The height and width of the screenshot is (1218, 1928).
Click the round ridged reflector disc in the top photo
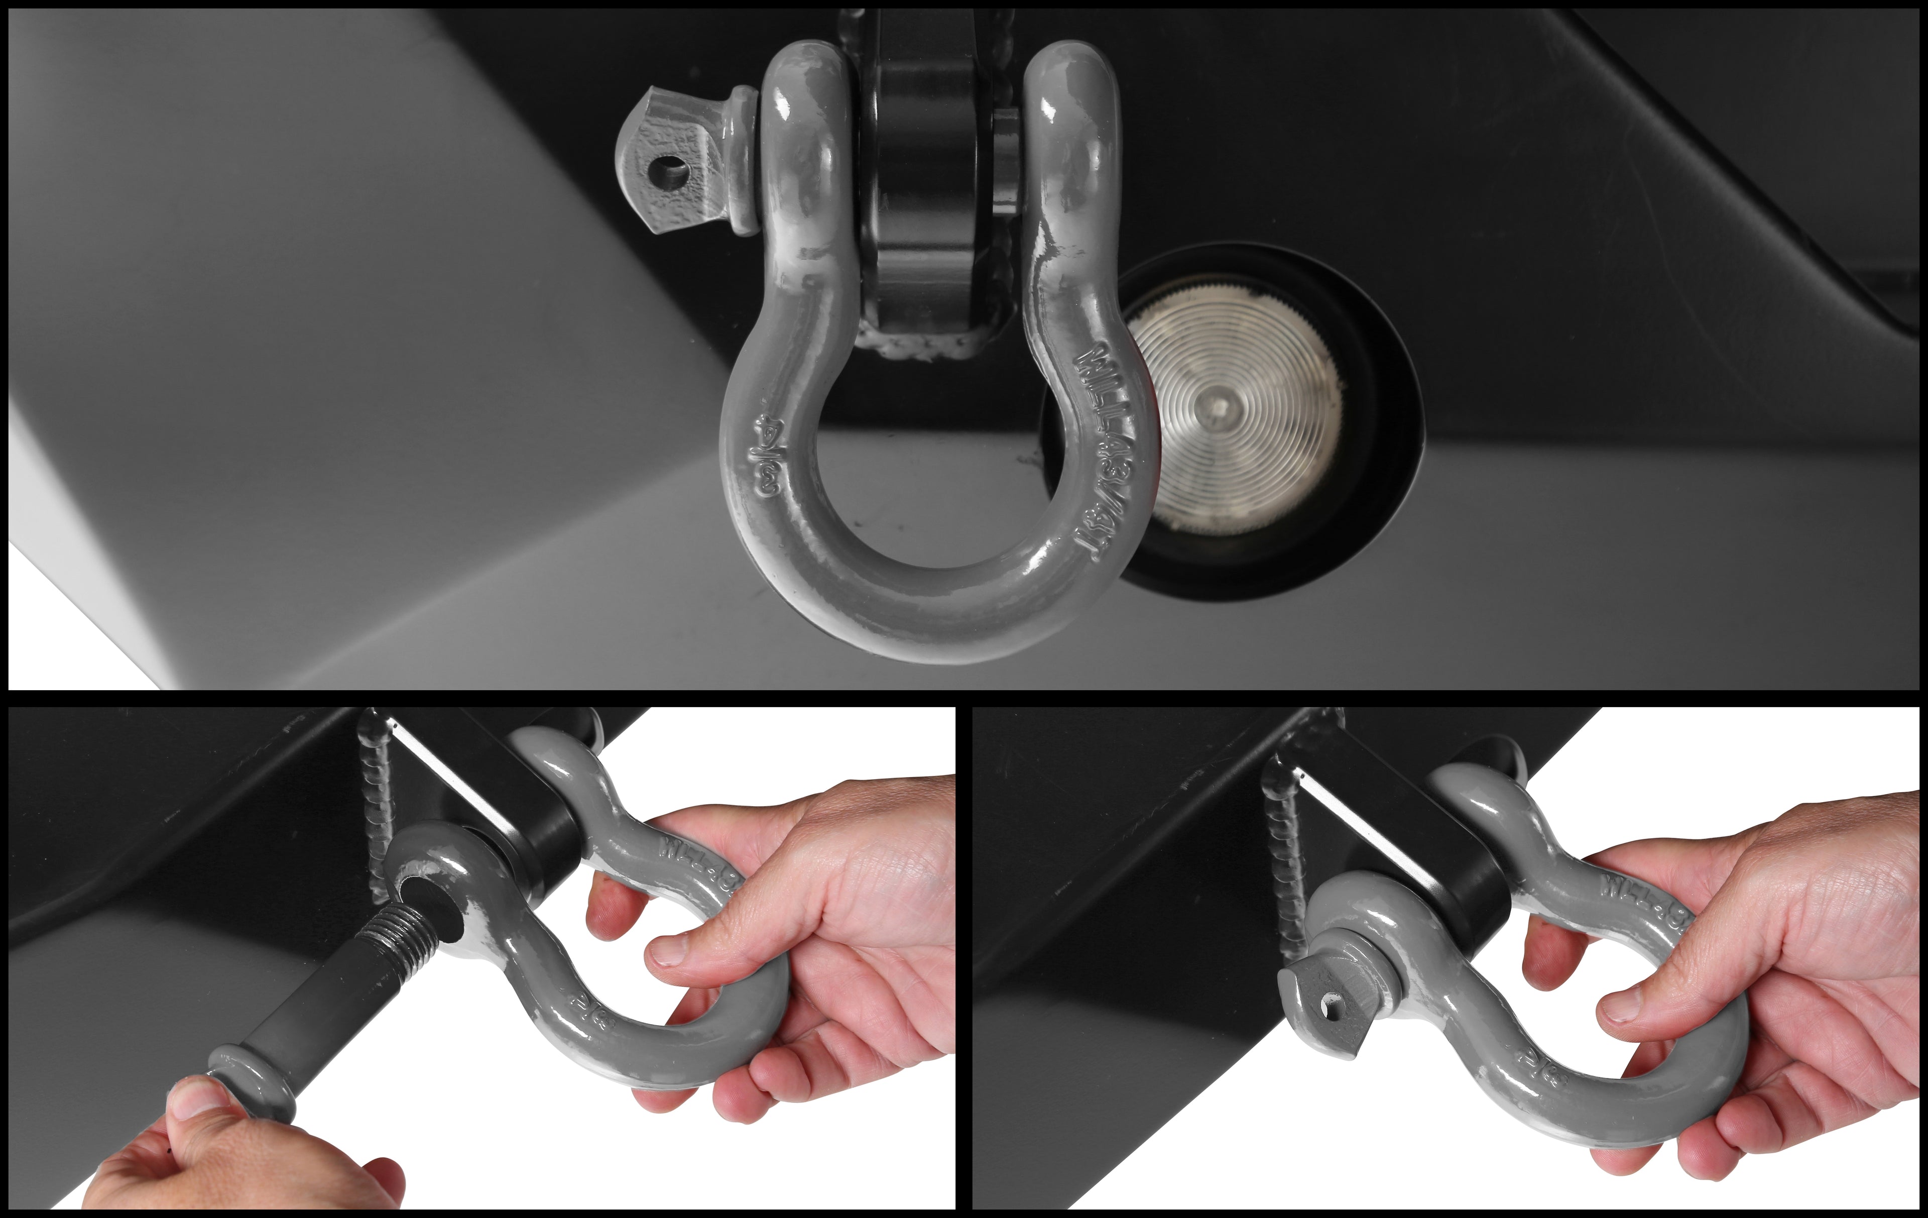click(1233, 416)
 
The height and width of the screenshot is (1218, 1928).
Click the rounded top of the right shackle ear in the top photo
click(1069, 72)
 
